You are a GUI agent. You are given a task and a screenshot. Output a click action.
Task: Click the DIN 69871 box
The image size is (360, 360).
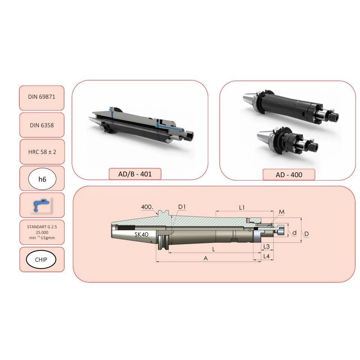[x=42, y=98]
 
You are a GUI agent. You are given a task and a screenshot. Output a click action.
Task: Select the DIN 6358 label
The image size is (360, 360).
[x=42, y=125]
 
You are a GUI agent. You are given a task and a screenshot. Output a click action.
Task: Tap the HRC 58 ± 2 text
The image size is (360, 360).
[x=42, y=152]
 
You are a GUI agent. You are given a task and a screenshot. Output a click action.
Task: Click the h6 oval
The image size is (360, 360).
[x=42, y=179]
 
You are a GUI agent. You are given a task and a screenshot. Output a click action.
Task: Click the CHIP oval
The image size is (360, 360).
[x=41, y=260]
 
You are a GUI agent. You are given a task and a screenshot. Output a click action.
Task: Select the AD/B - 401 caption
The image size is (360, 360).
[x=135, y=174]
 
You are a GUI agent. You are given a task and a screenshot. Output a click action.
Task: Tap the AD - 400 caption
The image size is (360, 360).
[x=289, y=175]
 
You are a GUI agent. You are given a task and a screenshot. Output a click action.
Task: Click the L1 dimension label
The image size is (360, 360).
[x=242, y=208]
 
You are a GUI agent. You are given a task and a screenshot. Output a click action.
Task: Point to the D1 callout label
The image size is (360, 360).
[x=182, y=207]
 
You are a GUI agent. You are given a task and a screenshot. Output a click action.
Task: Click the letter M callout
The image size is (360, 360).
[x=282, y=212]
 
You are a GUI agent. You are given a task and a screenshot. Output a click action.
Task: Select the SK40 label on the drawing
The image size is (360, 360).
[x=142, y=234]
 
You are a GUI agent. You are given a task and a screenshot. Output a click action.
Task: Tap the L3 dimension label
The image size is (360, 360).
[x=266, y=247]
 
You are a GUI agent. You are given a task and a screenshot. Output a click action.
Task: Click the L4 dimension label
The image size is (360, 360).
[x=266, y=256]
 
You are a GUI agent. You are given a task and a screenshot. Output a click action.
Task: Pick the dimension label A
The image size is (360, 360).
[x=205, y=258]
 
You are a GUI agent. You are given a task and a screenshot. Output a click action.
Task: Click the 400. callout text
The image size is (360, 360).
[x=147, y=207]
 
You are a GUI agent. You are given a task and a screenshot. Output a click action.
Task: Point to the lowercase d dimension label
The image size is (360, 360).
[x=294, y=233]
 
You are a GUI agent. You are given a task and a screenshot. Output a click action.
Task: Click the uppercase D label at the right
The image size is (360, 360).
[x=306, y=234]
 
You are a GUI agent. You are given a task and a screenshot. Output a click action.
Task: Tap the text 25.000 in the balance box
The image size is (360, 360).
[x=42, y=232]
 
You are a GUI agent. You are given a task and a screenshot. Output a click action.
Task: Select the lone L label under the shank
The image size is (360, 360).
[x=214, y=249]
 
